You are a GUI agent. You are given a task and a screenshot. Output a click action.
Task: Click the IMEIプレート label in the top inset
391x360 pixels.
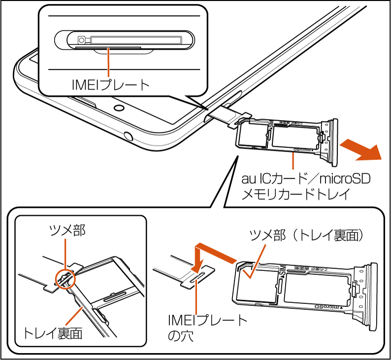(110, 85)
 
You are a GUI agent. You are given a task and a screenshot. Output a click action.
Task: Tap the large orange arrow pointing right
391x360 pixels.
(362, 150)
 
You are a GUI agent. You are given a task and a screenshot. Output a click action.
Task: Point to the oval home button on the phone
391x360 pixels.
(119, 107)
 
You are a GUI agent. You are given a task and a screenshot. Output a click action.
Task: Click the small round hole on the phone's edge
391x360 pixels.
(129, 134)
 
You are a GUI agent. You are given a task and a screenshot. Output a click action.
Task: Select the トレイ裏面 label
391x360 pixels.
(52, 333)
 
